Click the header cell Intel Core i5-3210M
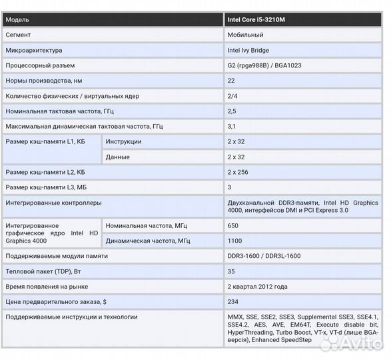pyautogui.click(x=256, y=20)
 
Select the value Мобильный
pyautogui.click(x=245, y=35)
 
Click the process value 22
pyautogui.click(x=231, y=81)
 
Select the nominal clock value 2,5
pyautogui.click(x=232, y=111)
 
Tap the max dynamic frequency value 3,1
pyautogui.click(x=231, y=126)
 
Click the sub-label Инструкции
pyautogui.click(x=123, y=141)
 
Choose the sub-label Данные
pyautogui.click(x=117, y=157)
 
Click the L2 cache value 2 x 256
pyautogui.click(x=238, y=172)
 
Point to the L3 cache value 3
pyautogui.click(x=230, y=187)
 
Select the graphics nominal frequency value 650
pyautogui.click(x=233, y=226)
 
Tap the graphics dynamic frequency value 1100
pyautogui.click(x=234, y=241)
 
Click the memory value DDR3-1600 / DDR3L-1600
pyautogui.click(x=264, y=256)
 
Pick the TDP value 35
pyautogui.click(x=231, y=271)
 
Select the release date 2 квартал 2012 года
pyautogui.click(x=257, y=287)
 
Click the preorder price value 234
pyautogui.click(x=233, y=302)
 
